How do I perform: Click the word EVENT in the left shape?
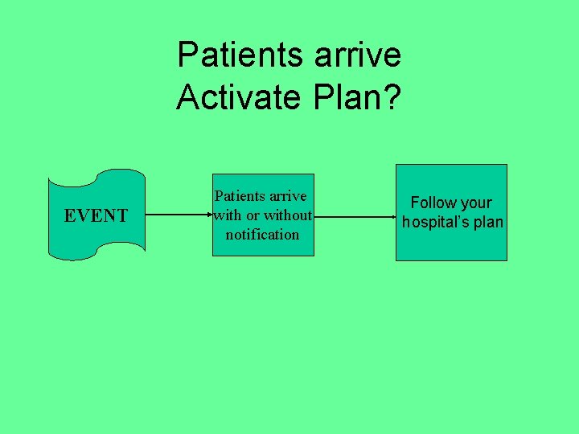(96, 215)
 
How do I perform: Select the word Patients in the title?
(239, 55)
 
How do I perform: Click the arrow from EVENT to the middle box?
(177, 215)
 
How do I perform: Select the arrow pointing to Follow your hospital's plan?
(354, 215)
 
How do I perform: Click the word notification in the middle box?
(262, 235)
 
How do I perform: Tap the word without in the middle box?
(286, 215)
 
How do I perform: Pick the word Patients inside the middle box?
(240, 196)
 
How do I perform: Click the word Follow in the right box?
(433, 203)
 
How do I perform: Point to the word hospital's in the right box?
(439, 223)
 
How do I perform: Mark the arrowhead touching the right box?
(390, 215)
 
